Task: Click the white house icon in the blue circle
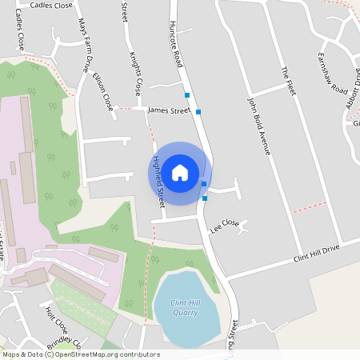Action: coord(180,172)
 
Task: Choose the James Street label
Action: coord(169,110)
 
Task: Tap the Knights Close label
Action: coord(135,74)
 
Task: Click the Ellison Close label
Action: coord(103,92)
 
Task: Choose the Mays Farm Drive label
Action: coord(83,48)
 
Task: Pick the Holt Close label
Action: coord(57,321)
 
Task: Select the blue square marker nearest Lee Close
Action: coord(205,198)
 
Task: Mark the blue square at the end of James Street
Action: coord(198,112)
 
